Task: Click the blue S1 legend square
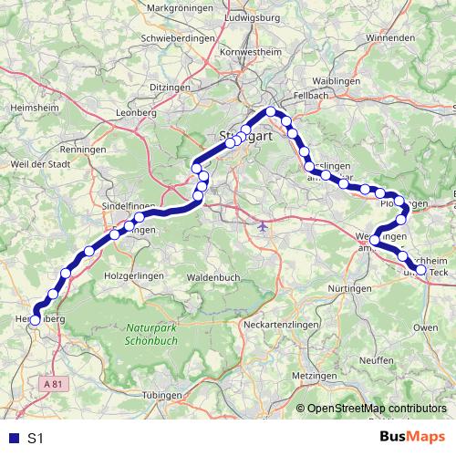click(12, 438)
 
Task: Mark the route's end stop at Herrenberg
click(36, 320)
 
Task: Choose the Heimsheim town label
click(28, 106)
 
